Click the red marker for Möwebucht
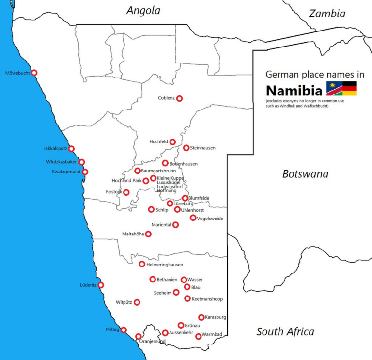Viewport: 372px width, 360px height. tap(34, 73)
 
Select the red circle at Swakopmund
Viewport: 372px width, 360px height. tap(85, 172)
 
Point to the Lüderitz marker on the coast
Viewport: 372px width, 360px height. tap(101, 285)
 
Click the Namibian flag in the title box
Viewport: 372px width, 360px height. tap(334, 89)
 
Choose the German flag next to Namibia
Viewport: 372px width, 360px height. tap(350, 89)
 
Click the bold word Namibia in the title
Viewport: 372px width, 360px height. tap(294, 91)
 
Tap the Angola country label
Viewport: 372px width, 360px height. tap(143, 11)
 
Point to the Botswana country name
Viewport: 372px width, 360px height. tap(305, 174)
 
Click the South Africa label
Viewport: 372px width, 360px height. tap(285, 332)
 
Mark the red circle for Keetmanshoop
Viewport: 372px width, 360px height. tap(187, 298)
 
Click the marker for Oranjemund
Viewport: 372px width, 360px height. tap(139, 336)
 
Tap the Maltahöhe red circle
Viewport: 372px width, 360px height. tap(148, 234)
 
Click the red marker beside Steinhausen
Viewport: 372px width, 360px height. tap(186, 148)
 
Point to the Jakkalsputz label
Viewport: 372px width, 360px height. tap(55, 149)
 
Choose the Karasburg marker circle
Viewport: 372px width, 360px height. tap(201, 317)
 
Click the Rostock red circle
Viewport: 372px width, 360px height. tap(126, 192)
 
